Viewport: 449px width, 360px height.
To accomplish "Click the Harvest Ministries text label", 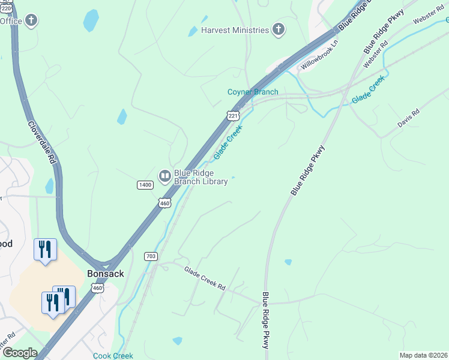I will click(235, 30).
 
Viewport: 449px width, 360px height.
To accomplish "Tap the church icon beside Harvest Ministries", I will click(278, 29).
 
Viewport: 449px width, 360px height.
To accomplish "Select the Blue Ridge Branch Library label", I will click(200, 177).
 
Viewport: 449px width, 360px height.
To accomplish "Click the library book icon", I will click(164, 176).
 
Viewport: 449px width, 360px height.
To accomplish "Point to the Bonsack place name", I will click(105, 273).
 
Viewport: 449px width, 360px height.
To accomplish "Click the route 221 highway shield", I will click(233, 115).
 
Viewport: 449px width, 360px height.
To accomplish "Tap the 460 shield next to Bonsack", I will click(97, 289).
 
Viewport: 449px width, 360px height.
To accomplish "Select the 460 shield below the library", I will click(164, 203).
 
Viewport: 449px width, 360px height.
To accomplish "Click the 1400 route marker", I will click(145, 185).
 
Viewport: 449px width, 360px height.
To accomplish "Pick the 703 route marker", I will click(151, 256).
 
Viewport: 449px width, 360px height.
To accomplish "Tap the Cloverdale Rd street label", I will click(42, 143).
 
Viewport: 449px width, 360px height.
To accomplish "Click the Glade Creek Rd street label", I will click(205, 279).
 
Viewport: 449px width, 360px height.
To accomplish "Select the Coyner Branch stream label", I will click(252, 92).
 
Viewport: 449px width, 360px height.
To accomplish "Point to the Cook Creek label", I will click(113, 356).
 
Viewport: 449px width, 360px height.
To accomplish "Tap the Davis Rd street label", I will click(408, 118).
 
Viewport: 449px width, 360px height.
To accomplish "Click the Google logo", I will click(19, 353).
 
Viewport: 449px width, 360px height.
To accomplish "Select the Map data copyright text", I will click(423, 355).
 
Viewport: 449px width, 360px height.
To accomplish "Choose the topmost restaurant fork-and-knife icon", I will click(45, 250).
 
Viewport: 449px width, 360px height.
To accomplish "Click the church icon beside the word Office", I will click(31, 21).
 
